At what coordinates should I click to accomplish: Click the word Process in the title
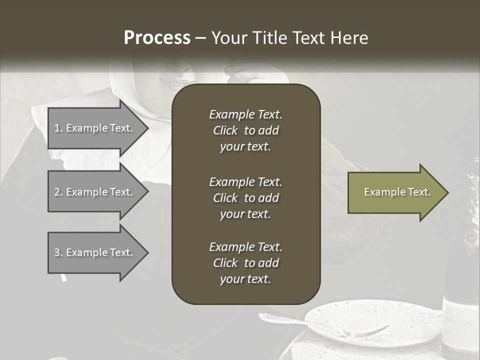point(157,38)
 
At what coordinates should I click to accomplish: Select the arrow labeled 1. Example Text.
point(95,128)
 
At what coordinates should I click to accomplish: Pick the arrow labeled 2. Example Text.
point(95,192)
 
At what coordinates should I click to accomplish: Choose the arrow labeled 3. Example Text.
point(95,252)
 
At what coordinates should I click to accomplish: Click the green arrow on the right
point(395,192)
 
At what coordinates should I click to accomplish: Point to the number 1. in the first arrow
point(58,128)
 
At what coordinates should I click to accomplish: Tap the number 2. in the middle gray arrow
point(58,192)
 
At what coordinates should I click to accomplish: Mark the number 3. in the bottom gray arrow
point(58,252)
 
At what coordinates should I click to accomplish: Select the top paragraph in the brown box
point(245,130)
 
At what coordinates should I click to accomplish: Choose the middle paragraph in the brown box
point(245,198)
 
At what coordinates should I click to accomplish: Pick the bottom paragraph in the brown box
point(245,263)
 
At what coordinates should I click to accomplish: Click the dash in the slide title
point(200,38)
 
